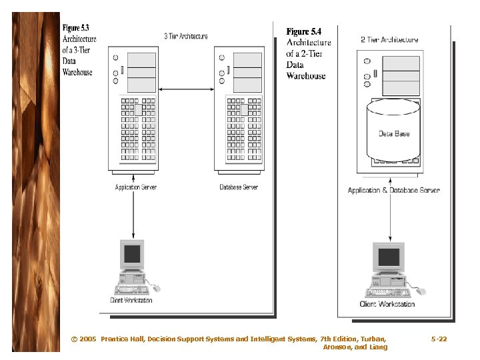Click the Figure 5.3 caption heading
pyautogui.click(x=75, y=28)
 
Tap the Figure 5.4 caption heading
pyautogui.click(x=303, y=31)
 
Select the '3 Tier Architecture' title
pyautogui.click(x=185, y=36)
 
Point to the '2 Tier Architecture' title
pyautogui.click(x=390, y=39)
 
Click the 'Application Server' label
pyautogui.click(x=136, y=187)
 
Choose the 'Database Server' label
pyautogui.click(x=239, y=187)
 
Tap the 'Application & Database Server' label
pyautogui.click(x=393, y=191)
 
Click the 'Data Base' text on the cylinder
pyautogui.click(x=394, y=134)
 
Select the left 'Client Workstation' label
pyautogui.click(x=131, y=300)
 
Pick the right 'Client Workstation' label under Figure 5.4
pyautogui.click(x=387, y=304)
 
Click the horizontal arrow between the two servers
pyautogui.click(x=187, y=89)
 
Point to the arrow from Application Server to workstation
pyautogui.click(x=133, y=213)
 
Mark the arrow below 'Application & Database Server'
pyautogui.click(x=390, y=217)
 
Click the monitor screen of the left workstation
pyautogui.click(x=133, y=253)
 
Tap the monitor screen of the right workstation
pyautogui.click(x=389, y=257)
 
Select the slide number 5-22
pyautogui.click(x=439, y=339)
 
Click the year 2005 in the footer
pyautogui.click(x=87, y=339)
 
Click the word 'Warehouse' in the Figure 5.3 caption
pyautogui.click(x=77, y=72)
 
